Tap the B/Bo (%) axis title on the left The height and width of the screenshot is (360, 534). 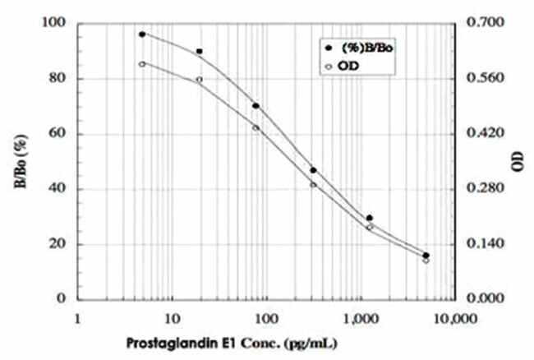click(18, 161)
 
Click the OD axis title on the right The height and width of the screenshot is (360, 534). click(518, 161)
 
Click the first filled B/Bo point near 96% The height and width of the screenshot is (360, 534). click(142, 35)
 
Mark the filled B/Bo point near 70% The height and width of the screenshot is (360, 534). click(256, 106)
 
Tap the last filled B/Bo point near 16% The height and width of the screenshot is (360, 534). click(426, 255)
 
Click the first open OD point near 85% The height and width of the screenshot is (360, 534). click(142, 63)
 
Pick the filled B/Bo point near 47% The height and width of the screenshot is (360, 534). click(313, 170)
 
